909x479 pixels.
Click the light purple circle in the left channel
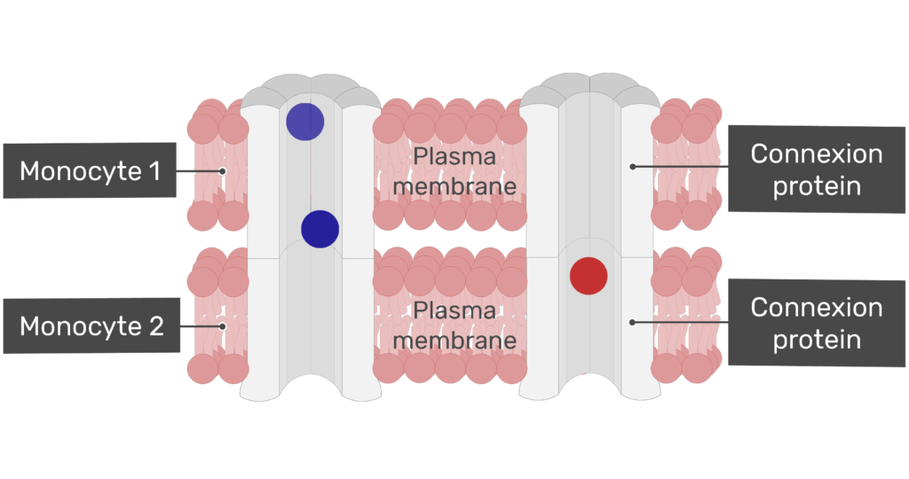(304, 122)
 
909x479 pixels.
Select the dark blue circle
(320, 229)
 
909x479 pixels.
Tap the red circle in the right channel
(589, 276)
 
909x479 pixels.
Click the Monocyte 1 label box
(91, 170)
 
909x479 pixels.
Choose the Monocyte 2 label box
(91, 326)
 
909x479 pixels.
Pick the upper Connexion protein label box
(817, 169)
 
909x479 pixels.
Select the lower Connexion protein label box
(817, 323)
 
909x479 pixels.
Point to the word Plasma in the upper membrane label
(454, 158)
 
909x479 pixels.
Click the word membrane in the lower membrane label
(454, 341)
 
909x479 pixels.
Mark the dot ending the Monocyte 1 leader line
(223, 171)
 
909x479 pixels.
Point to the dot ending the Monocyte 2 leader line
(223, 326)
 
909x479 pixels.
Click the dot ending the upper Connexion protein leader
(632, 166)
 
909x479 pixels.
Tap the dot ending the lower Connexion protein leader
(632, 322)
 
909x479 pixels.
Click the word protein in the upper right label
(817, 186)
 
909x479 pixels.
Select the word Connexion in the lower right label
(817, 308)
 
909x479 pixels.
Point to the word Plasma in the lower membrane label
(454, 311)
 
